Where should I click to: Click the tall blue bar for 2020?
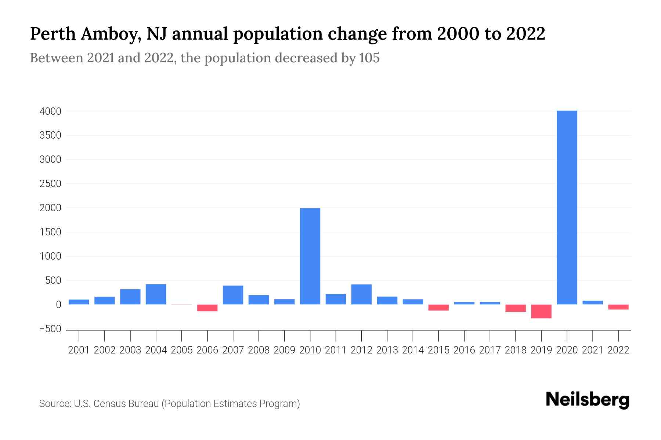(x=567, y=207)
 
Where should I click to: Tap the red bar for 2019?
(x=541, y=311)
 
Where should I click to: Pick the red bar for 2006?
(x=207, y=308)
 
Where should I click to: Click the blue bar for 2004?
(x=156, y=294)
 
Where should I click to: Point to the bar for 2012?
(x=361, y=294)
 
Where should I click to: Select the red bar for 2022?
(x=618, y=307)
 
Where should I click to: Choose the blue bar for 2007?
(x=233, y=295)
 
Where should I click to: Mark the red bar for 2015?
(x=438, y=307)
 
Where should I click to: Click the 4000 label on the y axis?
(x=50, y=111)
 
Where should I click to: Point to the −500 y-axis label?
(x=50, y=329)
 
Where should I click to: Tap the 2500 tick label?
(x=50, y=184)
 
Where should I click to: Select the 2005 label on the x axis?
(x=182, y=350)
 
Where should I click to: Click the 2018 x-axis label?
(x=516, y=350)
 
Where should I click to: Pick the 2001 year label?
(x=79, y=350)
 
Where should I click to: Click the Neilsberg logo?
(x=588, y=400)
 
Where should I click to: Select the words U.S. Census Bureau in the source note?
(x=116, y=404)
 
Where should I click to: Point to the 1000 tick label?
(x=50, y=256)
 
